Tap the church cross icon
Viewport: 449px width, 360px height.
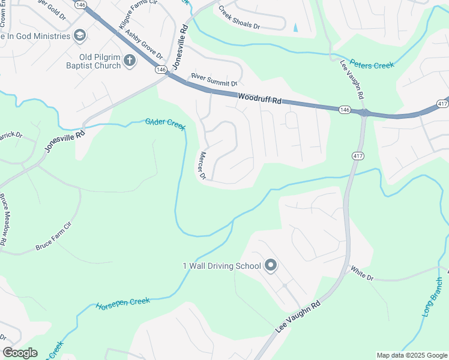pos(129,59)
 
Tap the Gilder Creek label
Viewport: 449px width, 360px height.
pos(165,123)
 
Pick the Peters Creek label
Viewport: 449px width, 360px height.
pos(372,64)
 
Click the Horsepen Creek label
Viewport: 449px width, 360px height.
pos(122,302)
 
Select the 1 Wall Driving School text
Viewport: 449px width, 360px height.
pos(221,266)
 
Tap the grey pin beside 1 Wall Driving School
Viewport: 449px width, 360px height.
pos(270,265)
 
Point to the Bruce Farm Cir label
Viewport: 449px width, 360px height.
pos(53,239)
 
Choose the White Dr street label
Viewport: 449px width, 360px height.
pos(362,274)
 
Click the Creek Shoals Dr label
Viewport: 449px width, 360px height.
pos(239,19)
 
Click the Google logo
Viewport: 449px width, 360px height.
pos(20,353)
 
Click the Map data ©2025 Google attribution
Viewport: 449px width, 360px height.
pos(411,355)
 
